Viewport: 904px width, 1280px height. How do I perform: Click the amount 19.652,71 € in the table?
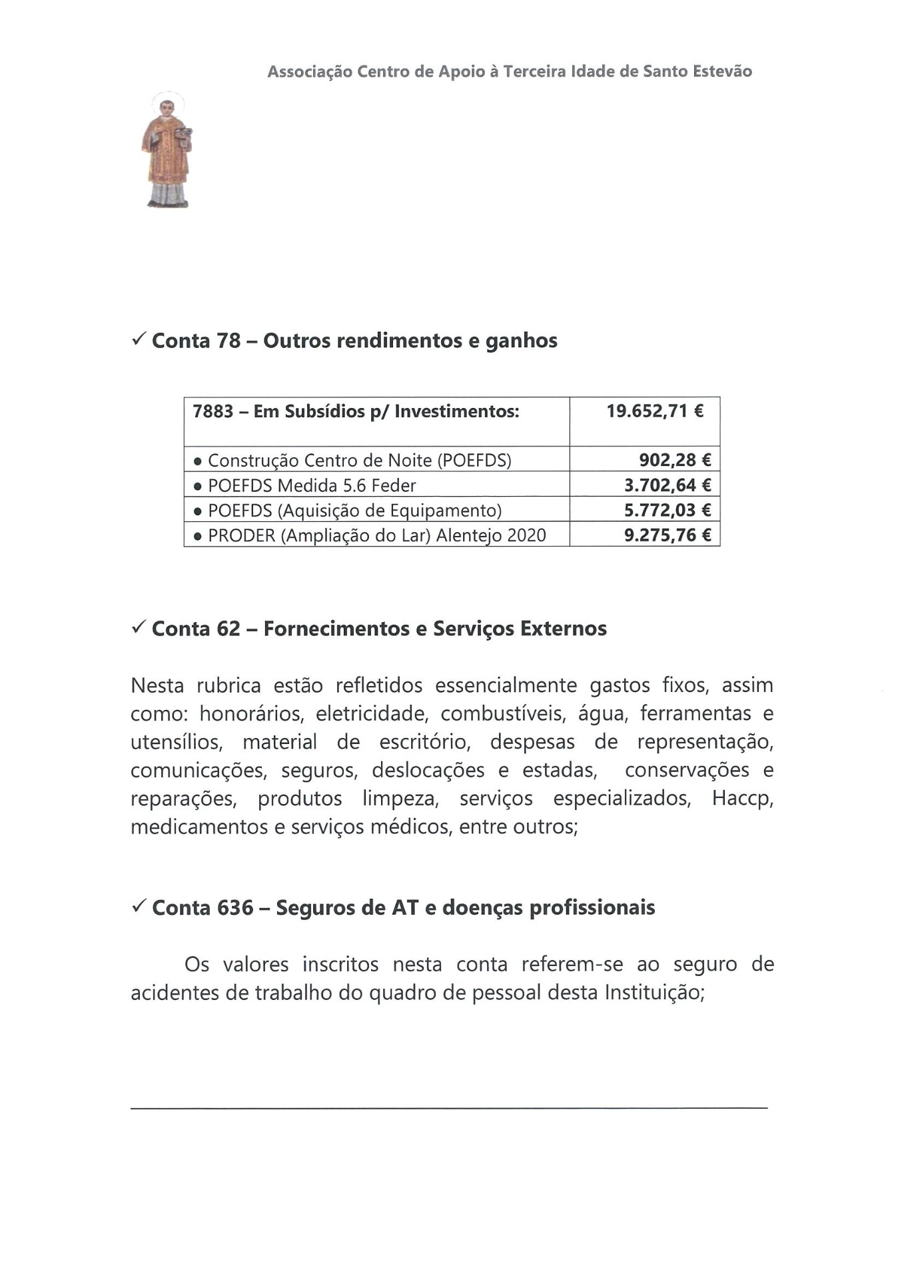click(654, 411)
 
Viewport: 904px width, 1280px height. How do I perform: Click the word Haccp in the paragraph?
click(742, 799)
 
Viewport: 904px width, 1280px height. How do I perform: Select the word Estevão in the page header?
click(722, 71)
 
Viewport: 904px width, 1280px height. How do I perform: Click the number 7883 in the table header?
click(213, 411)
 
